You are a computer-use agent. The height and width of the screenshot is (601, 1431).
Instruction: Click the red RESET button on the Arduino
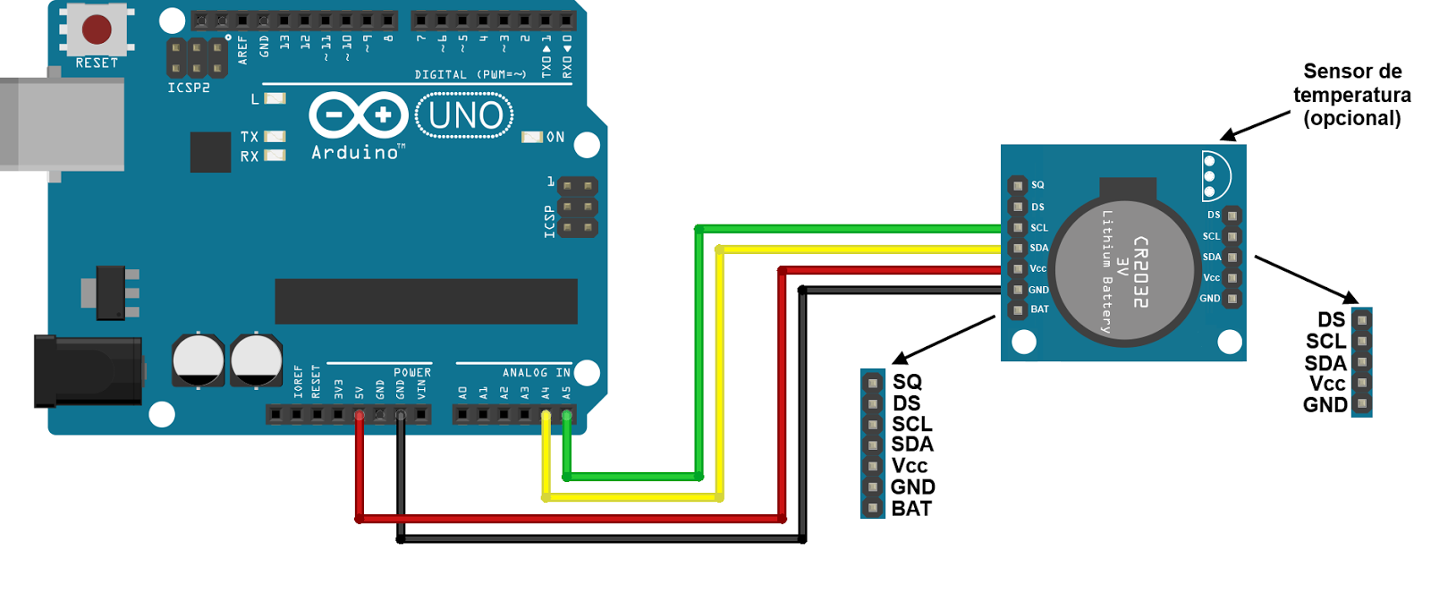point(97,29)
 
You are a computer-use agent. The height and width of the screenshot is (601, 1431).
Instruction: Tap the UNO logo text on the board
point(464,115)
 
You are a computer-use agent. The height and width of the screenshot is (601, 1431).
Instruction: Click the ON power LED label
point(555,137)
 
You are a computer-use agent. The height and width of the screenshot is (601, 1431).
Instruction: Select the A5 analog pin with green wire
point(566,415)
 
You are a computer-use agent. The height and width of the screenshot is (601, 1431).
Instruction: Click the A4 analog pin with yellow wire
point(546,415)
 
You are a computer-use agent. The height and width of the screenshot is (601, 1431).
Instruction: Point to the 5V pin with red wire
point(360,415)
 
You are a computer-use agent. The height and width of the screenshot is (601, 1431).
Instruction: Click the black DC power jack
point(87,370)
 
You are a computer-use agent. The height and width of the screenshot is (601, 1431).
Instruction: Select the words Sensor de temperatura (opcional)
point(1351,95)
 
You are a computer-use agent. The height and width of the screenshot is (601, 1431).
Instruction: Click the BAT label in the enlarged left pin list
point(911,509)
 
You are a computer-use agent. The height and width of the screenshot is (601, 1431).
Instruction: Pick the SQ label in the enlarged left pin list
point(907,382)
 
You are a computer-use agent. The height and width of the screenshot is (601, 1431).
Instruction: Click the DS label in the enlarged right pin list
point(1331,320)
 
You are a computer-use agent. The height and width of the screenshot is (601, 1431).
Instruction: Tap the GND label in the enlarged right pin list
point(1325,405)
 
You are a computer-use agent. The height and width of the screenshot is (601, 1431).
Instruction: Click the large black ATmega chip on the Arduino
point(426,301)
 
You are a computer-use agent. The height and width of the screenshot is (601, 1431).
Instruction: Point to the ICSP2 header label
point(189,88)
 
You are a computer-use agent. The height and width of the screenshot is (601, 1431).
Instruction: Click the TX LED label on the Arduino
point(250,137)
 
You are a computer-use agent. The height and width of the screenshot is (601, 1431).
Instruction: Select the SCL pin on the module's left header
point(1018,227)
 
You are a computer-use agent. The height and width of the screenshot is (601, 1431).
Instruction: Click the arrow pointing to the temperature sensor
point(1256,126)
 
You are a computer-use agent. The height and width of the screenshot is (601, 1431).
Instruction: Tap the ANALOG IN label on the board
point(536,372)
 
